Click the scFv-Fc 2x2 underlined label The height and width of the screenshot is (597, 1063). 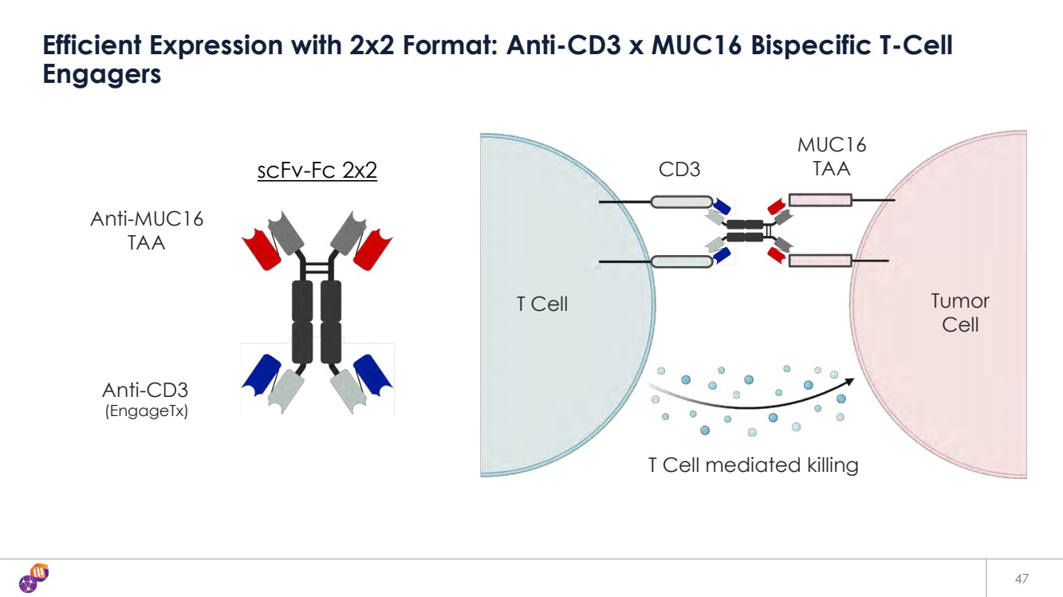point(317,171)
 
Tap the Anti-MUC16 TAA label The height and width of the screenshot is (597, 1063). point(147,230)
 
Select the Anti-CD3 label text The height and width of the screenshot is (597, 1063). point(145,391)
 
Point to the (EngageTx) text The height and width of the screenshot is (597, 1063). point(147,412)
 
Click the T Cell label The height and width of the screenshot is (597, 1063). point(542,304)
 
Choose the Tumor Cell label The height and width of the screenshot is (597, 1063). point(959,312)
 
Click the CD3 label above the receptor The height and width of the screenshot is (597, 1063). point(679,169)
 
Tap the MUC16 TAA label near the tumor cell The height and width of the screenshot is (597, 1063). point(832,156)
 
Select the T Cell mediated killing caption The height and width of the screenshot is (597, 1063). point(753,465)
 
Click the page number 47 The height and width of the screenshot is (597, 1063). point(1022,578)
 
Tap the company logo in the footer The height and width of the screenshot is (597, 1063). point(34,577)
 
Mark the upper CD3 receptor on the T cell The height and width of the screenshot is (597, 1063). point(681,202)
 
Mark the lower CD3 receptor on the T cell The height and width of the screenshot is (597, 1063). point(681,261)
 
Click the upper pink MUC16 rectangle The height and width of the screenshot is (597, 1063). point(820,200)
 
